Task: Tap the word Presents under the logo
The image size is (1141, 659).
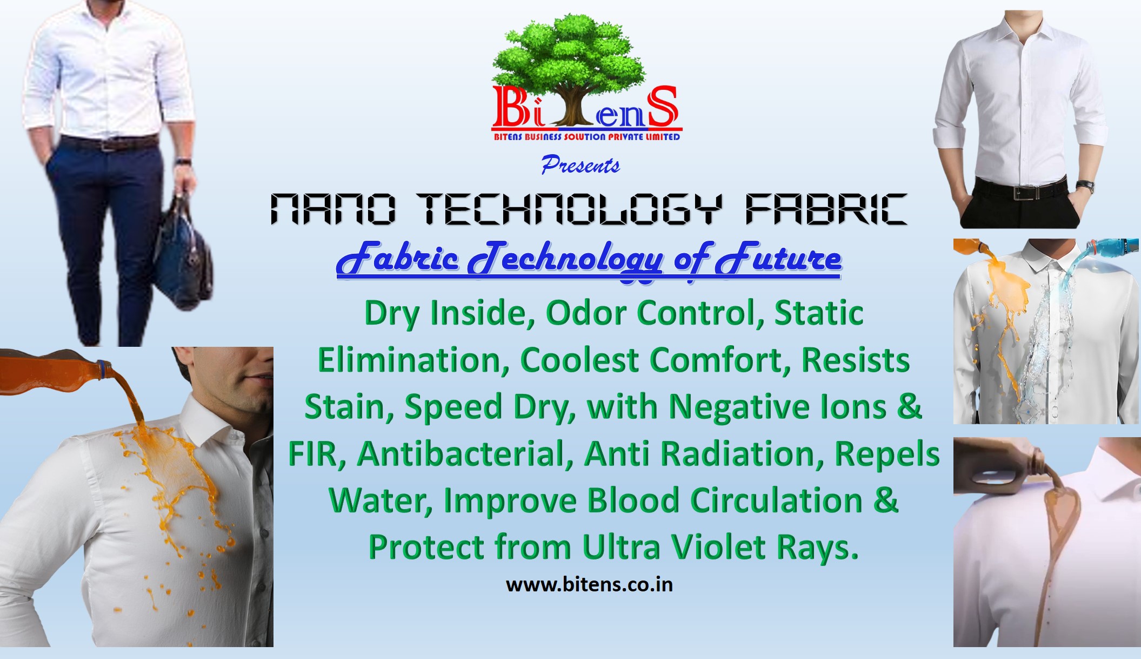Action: point(580,164)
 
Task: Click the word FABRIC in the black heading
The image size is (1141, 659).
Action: point(825,209)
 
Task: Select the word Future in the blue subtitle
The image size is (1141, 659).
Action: point(778,258)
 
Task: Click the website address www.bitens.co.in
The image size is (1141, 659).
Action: point(589,585)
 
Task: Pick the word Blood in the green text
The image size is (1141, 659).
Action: point(633,500)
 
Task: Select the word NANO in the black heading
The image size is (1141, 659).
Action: point(333,209)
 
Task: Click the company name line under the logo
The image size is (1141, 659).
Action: point(587,137)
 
